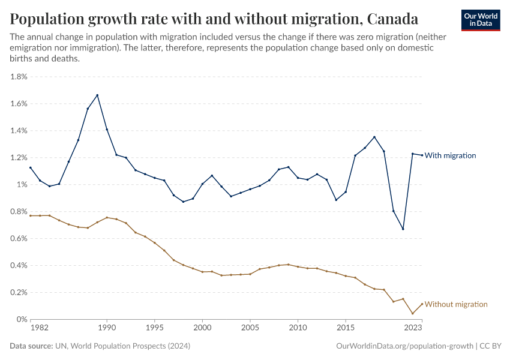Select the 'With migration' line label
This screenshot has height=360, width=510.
[450, 155]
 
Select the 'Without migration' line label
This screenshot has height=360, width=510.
[455, 304]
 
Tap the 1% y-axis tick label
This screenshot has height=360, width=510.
[22, 185]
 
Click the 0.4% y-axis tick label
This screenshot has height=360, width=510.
[19, 266]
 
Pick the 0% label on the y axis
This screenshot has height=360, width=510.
[22, 320]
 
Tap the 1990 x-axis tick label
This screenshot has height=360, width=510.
[107, 329]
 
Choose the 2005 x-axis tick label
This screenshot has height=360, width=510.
[250, 329]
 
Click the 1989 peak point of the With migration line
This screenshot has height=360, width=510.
[97, 95]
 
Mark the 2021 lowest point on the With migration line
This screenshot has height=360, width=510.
[403, 229]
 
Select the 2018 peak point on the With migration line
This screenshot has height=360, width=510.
[374, 137]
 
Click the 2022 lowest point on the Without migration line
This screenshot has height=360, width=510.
[413, 313]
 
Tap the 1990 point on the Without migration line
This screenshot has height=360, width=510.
[107, 217]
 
